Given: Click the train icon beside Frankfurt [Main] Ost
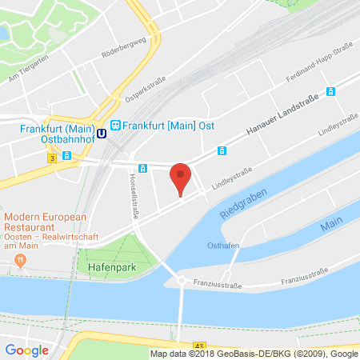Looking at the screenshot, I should pos(116,125).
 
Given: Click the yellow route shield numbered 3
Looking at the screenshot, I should pos(51,158).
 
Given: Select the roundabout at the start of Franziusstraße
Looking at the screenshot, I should pos(182,281).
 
